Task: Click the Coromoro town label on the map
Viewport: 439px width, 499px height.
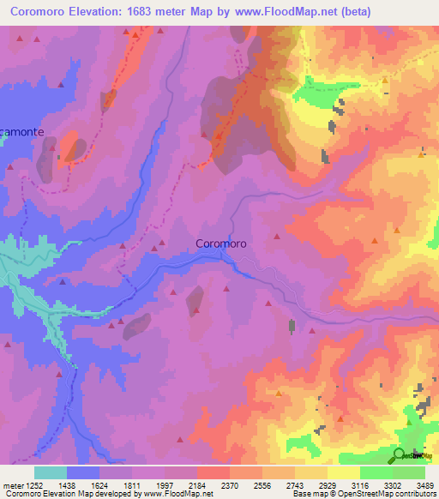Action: coord(221,243)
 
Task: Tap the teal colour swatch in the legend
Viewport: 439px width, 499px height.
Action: coord(51,472)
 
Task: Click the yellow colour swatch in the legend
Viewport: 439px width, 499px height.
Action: coord(343,472)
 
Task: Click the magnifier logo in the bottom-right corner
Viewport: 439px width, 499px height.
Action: coord(400,454)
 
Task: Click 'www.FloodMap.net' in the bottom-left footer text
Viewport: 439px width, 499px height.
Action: coord(177,494)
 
